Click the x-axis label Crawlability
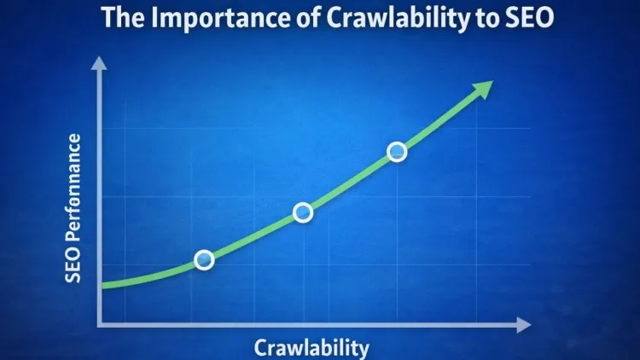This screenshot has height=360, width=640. [311, 346]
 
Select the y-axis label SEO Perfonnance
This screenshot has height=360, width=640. [75, 209]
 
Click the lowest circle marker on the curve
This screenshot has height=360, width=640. [204, 260]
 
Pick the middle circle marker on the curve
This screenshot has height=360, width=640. [303, 212]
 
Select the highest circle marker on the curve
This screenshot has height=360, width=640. [397, 152]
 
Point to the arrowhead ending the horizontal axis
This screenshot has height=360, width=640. [524, 325]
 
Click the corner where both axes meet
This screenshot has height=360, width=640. [101, 325]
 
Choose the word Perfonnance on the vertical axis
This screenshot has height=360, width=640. [75, 192]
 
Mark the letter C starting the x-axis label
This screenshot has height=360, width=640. [260, 346]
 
